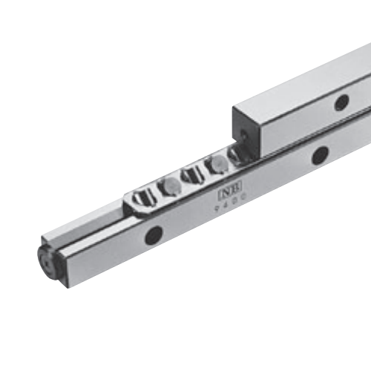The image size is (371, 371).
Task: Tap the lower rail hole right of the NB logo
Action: tap(320, 155)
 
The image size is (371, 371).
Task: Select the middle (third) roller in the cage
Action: tap(191, 176)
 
